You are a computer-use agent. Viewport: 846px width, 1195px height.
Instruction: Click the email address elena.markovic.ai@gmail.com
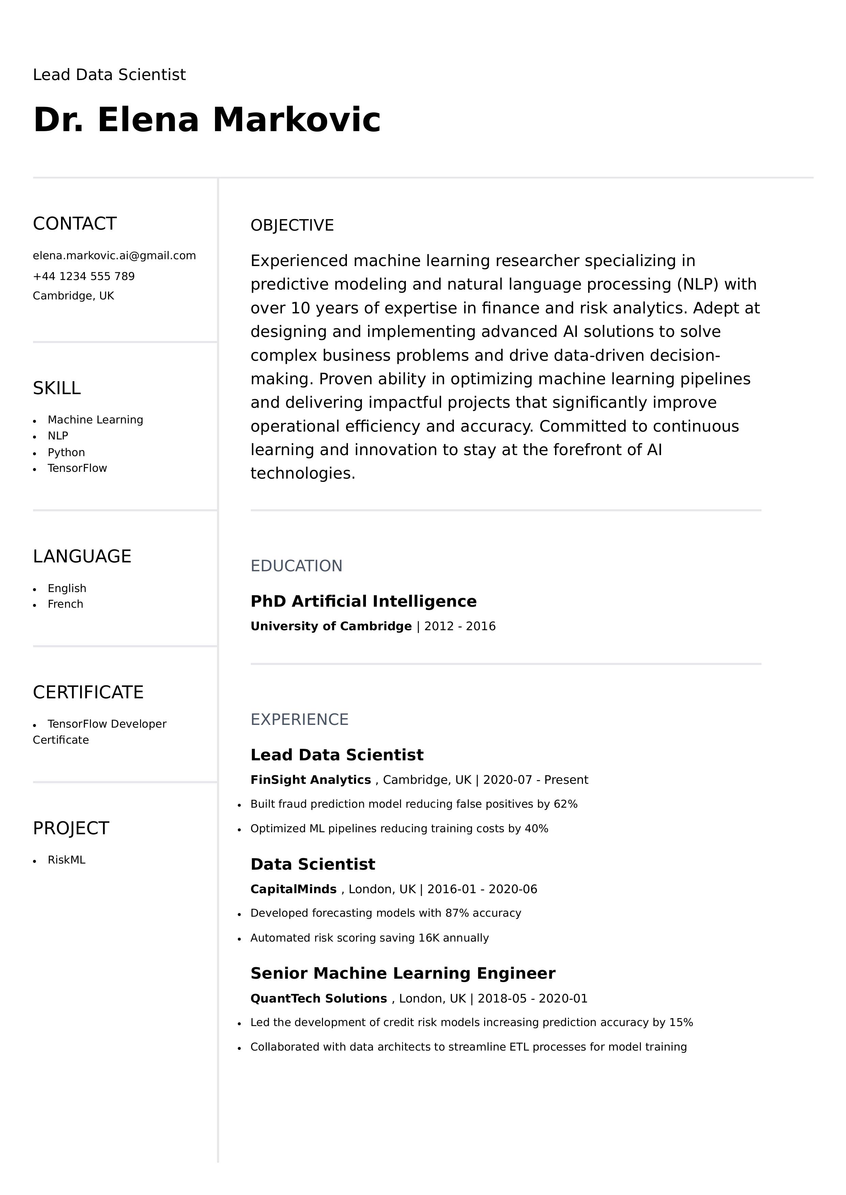[x=114, y=256]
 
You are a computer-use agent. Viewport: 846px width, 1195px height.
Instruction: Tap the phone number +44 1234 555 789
[x=83, y=276]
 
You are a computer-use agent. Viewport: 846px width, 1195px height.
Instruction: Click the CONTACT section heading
[x=75, y=223]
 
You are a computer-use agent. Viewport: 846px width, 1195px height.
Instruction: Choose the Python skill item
[x=66, y=452]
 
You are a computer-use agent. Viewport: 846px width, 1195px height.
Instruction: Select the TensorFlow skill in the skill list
[x=77, y=468]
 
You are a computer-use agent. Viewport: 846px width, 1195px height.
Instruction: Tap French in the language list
[x=65, y=604]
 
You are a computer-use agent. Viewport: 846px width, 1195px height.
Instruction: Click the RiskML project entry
[x=66, y=860]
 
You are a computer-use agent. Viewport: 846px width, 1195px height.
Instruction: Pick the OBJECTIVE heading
[x=292, y=226]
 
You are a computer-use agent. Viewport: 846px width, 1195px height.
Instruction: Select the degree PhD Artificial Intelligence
[x=363, y=601]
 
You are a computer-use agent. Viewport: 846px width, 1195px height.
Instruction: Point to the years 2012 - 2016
[x=460, y=626]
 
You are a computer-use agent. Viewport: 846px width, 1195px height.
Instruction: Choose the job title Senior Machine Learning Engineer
[x=403, y=973]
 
